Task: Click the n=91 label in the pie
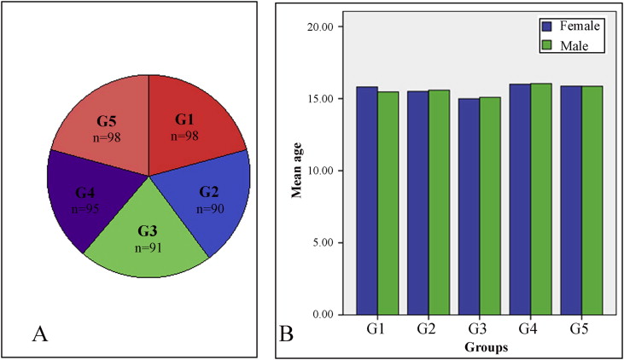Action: tap(148, 248)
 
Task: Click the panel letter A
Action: tap(38, 334)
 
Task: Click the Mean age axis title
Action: tap(297, 171)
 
